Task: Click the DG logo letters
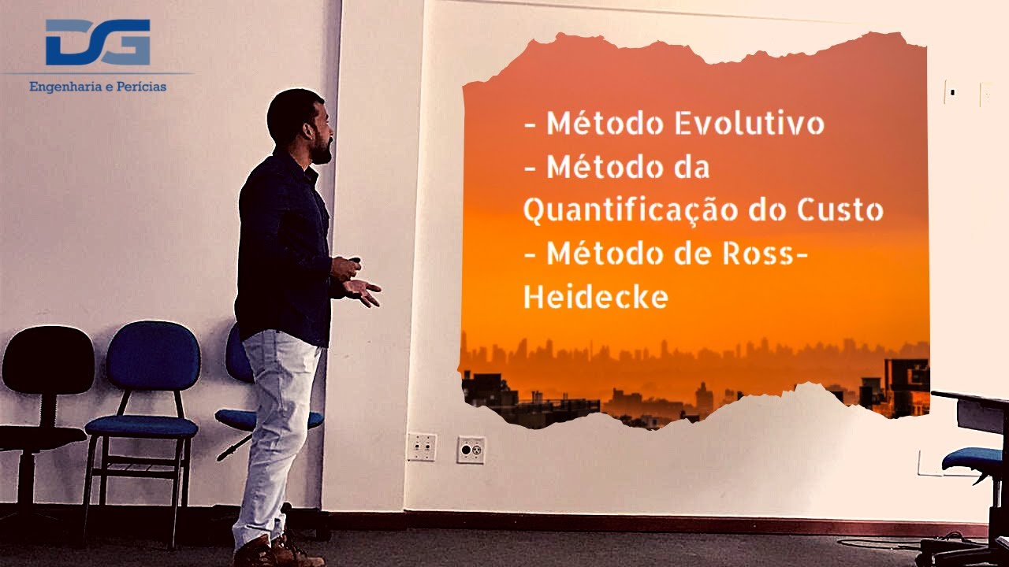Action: tap(98, 43)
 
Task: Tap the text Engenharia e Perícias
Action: tap(98, 87)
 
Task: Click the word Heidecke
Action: tap(596, 298)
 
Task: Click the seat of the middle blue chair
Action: tap(142, 428)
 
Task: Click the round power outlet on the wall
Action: tap(471, 450)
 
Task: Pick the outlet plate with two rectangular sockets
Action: tap(421, 447)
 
